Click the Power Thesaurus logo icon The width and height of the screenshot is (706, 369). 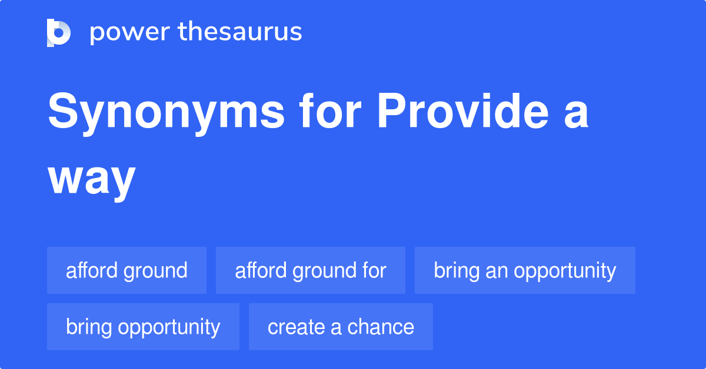click(59, 33)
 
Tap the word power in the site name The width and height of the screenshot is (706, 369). click(130, 33)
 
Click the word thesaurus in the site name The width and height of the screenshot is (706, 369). click(240, 31)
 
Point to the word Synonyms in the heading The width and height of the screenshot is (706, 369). click(166, 114)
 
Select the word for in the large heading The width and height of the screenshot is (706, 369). click(330, 110)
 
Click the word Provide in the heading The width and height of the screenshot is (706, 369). click(463, 110)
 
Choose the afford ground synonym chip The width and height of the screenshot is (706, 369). click(126, 270)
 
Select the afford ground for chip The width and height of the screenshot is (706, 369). click(311, 270)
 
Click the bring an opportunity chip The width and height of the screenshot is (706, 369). click(525, 270)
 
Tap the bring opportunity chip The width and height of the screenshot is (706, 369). click(143, 327)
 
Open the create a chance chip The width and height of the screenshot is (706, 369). click(341, 327)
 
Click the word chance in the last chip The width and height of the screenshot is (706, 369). click(381, 327)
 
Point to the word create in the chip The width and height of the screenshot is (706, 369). click(297, 327)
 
